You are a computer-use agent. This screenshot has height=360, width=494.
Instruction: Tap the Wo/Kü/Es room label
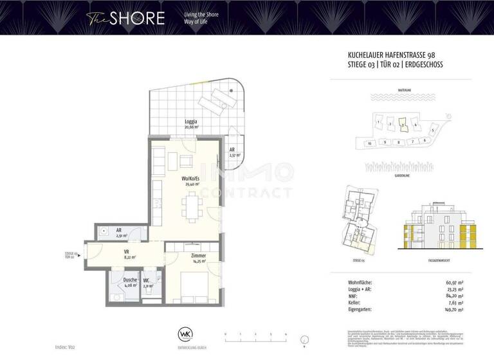tap(190, 179)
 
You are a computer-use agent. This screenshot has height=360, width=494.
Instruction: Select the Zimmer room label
tap(198, 255)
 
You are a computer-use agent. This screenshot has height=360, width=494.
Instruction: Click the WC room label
tap(147, 280)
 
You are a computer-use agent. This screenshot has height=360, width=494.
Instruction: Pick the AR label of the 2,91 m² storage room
tap(119, 230)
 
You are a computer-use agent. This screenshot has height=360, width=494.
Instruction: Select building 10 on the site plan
tap(370, 144)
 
